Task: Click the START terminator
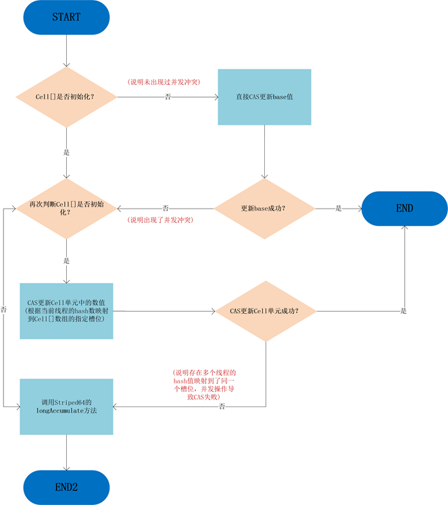point(66,18)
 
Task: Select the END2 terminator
point(66,487)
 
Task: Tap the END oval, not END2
point(404,209)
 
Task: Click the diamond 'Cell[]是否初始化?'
point(66,97)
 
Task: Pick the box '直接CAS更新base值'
point(264,97)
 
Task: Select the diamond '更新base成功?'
point(264,209)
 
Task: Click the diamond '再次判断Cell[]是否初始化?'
point(66,208)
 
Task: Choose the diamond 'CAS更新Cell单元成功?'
point(264,311)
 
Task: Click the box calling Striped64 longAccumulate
point(66,406)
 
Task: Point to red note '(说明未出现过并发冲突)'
point(164,82)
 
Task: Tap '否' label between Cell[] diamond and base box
point(167,97)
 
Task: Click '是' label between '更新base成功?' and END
point(339,209)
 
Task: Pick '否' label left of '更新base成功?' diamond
point(166,209)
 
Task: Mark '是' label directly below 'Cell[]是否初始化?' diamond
point(66,153)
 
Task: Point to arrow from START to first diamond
point(66,51)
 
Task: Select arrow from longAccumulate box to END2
point(66,452)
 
